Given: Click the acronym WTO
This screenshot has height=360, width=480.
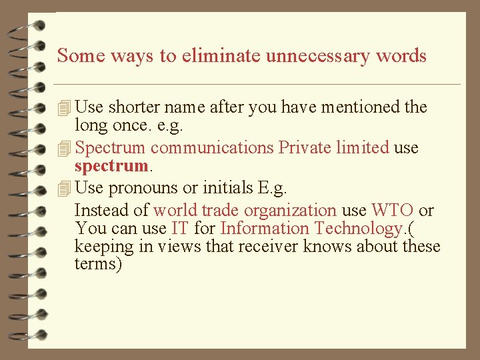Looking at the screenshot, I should (x=392, y=211).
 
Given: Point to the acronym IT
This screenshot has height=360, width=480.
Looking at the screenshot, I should (x=179, y=229).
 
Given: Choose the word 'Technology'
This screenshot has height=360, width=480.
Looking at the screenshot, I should (x=357, y=229).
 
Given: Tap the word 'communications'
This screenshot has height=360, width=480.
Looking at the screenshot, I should (x=212, y=147).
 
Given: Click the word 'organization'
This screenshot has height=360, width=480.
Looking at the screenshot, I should (x=293, y=211).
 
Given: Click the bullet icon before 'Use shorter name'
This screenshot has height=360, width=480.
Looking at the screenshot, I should (x=64, y=107).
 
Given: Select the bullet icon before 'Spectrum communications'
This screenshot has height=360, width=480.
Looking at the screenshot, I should (x=64, y=148).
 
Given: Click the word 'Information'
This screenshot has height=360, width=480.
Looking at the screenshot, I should (x=265, y=229).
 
